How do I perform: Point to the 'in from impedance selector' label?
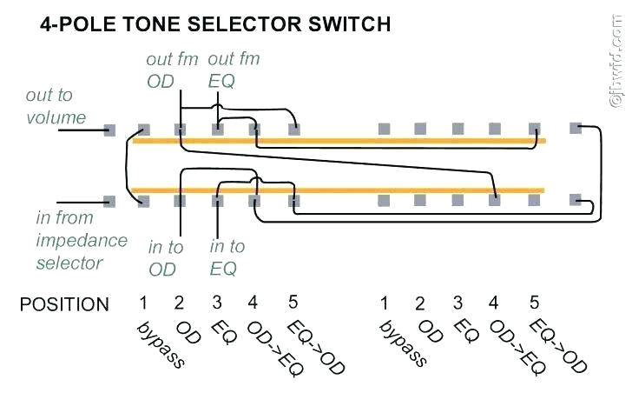coord(81,239)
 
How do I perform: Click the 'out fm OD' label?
coord(172,70)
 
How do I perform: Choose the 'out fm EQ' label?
coord(234,70)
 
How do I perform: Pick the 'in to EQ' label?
coord(227,258)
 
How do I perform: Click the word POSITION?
coord(65,304)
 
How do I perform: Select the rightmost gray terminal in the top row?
coord(575,128)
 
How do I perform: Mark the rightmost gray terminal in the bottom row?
coord(575,200)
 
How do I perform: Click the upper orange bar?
coord(339,140)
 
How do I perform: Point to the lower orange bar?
coord(339,189)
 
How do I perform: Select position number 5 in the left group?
coord(293,303)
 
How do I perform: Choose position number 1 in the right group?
coord(383,303)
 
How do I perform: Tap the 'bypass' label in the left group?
coord(161,343)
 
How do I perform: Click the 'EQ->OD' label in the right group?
coord(559,345)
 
